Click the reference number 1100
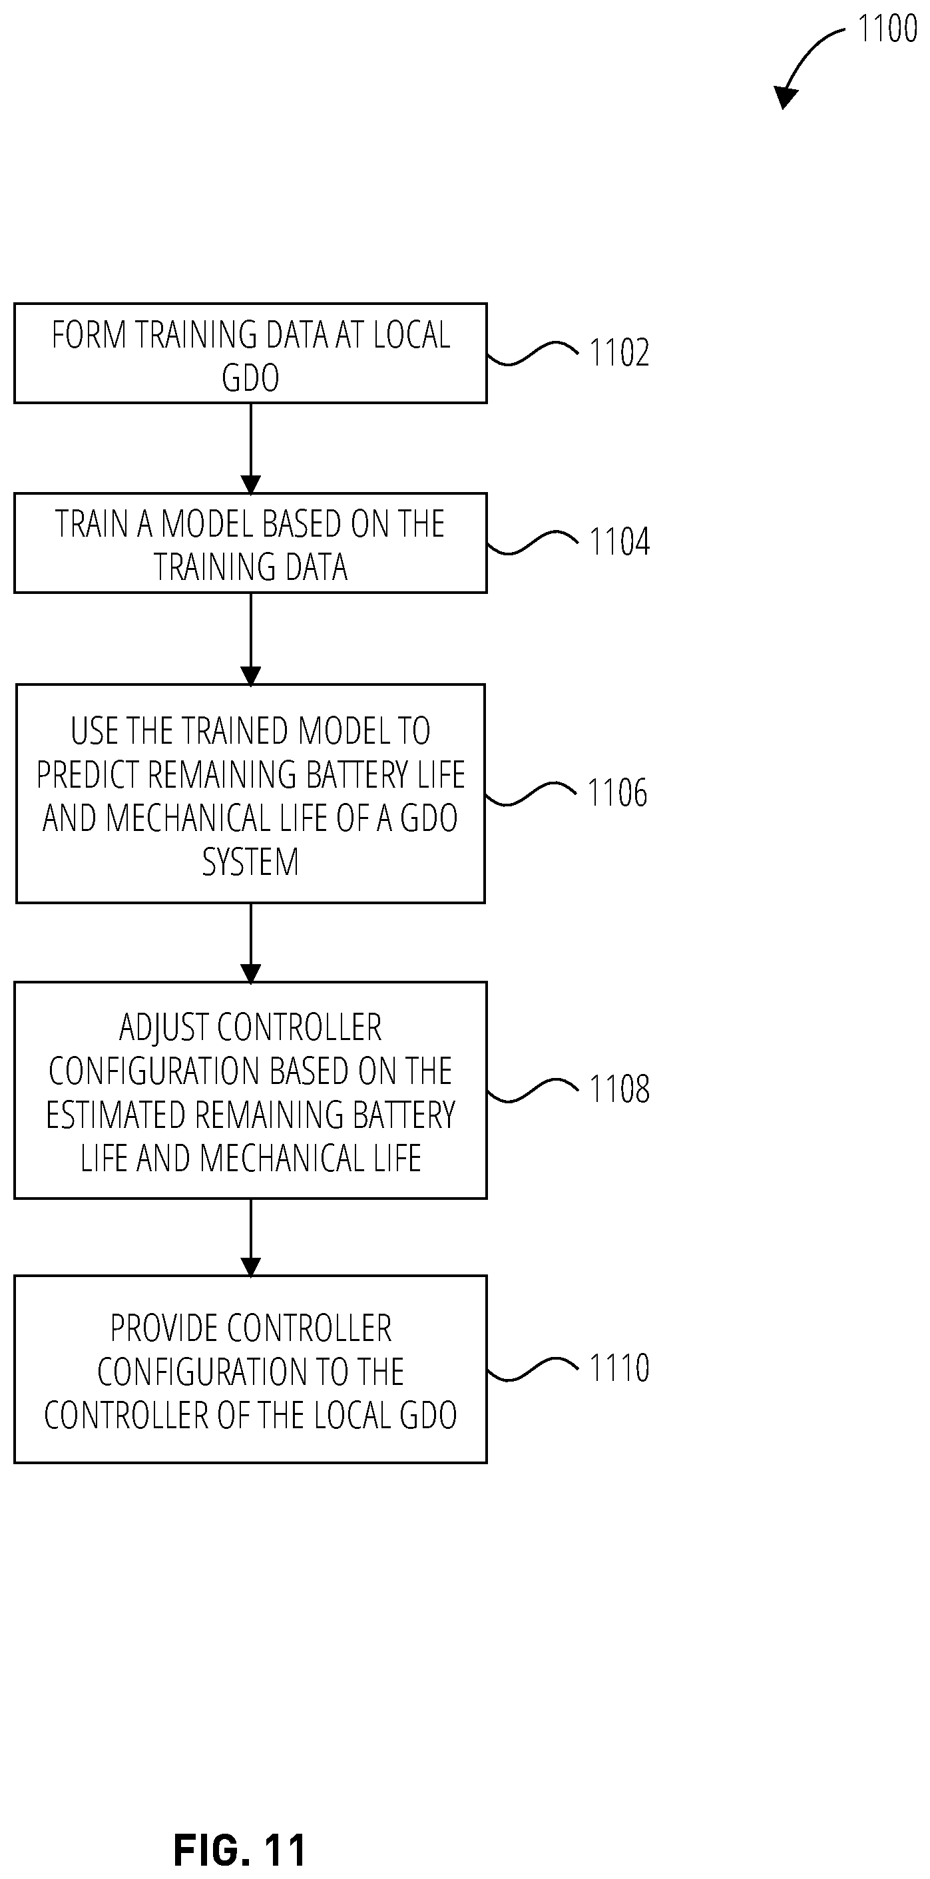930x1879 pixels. pyautogui.click(x=887, y=29)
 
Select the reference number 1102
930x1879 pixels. pyautogui.click(x=619, y=352)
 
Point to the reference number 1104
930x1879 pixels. pyautogui.click(x=619, y=542)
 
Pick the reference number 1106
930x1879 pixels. pyautogui.click(x=617, y=793)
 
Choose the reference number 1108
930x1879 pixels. pyautogui.click(x=619, y=1089)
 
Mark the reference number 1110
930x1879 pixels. pyautogui.click(x=619, y=1368)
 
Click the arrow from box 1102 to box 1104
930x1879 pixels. pyautogui.click(x=251, y=449)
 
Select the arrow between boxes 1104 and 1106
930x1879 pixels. pyautogui.click(x=251, y=639)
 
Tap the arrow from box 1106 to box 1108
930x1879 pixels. pyautogui.click(x=251, y=943)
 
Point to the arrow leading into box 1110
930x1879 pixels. pyautogui.click(x=251, y=1238)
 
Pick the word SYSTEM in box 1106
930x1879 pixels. pyautogui.click(x=250, y=862)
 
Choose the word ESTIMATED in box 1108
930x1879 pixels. pyautogui.click(x=116, y=1115)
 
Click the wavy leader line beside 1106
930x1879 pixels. pyautogui.click(x=531, y=793)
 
